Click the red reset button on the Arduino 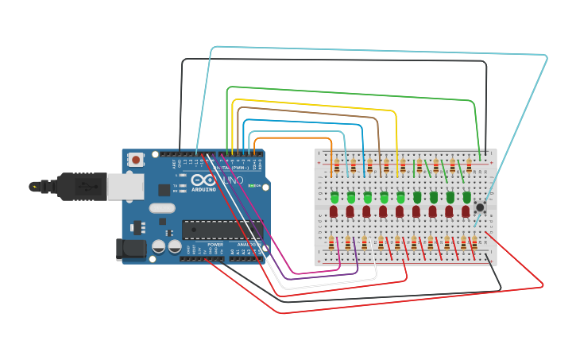[136, 160]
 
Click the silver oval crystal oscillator [161, 209]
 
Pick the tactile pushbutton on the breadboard [480, 207]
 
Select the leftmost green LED [334, 196]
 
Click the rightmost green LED [466, 196]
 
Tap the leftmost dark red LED [334, 211]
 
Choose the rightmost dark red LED [466, 211]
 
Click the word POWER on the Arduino [215, 244]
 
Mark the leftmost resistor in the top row [336, 166]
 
